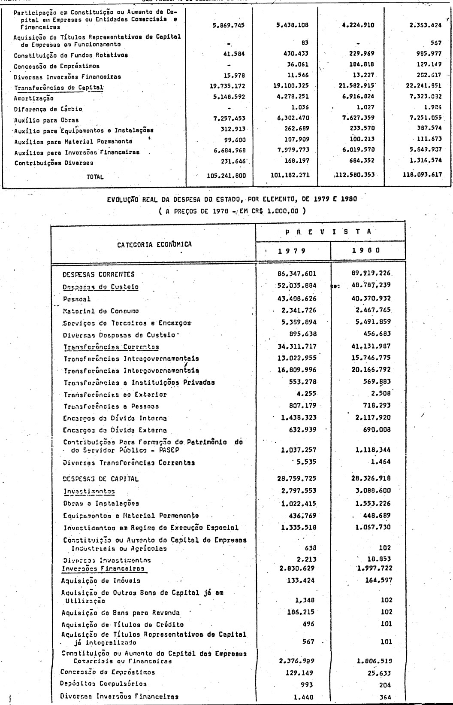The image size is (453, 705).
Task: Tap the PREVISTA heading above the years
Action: (330, 232)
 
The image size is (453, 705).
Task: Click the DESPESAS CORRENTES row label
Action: (98, 274)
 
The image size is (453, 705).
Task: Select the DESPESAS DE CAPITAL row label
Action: (101, 479)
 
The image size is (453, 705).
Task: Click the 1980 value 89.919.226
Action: (370, 273)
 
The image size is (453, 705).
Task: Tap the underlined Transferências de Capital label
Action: (59, 88)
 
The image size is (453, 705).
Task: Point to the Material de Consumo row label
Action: (101, 311)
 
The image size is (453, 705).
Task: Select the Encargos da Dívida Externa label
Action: (115, 430)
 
